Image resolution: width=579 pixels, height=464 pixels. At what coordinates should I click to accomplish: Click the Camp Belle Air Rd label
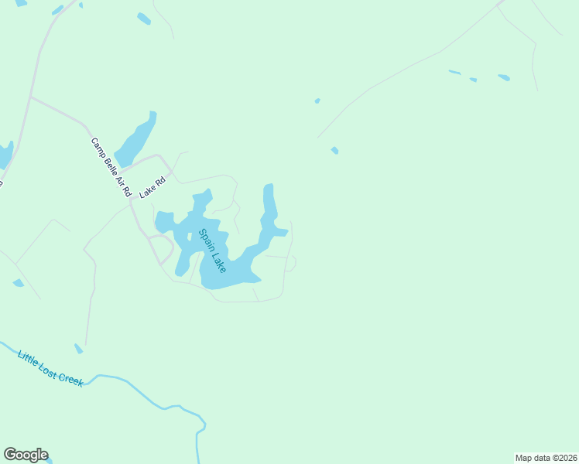coord(111,166)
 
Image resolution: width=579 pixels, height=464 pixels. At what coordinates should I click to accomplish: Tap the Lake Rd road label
coord(152,188)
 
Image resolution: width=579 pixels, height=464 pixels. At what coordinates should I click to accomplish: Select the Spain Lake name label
coord(212,250)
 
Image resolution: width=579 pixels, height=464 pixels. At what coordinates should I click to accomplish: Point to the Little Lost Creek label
coord(50,367)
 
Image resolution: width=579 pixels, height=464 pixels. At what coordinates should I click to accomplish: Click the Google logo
coord(26,455)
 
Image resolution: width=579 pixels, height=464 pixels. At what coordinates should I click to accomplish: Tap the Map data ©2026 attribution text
coord(546,457)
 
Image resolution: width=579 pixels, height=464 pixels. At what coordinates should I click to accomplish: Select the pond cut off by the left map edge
coord(5,154)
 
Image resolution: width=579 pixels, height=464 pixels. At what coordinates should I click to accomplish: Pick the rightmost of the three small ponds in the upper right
coord(504,77)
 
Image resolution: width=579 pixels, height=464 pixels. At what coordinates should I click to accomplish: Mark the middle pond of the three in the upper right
coord(473,80)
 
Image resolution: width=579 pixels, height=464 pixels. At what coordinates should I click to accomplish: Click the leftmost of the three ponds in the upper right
coord(454,73)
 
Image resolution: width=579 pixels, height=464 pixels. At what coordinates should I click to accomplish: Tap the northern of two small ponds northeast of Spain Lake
coord(317,101)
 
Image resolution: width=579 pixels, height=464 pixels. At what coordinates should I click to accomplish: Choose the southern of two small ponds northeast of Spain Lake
coord(334,150)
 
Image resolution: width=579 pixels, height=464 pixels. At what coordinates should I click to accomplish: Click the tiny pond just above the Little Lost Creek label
coord(78,349)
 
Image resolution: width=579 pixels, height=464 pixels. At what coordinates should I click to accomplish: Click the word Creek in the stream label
coord(70,377)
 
